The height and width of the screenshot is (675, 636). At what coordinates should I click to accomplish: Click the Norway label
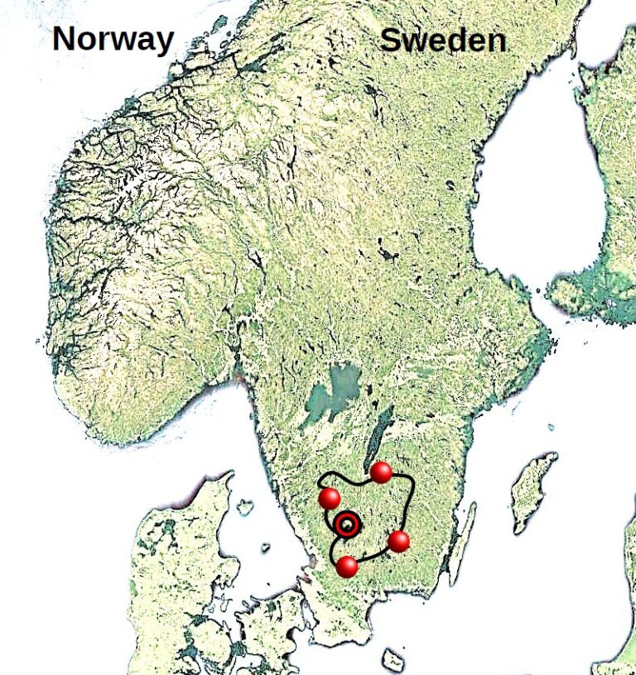click(113, 39)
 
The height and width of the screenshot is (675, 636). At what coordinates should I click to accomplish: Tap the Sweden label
click(442, 41)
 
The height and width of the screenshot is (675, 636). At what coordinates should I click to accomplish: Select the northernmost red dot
click(381, 472)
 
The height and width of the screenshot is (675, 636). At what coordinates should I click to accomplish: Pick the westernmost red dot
click(330, 499)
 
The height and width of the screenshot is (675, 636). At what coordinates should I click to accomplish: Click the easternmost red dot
click(398, 542)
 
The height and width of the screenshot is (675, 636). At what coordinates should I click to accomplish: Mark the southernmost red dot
click(348, 567)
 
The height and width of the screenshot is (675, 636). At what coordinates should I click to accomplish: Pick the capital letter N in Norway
click(66, 39)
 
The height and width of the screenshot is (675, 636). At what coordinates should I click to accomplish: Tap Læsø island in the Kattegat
click(245, 504)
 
